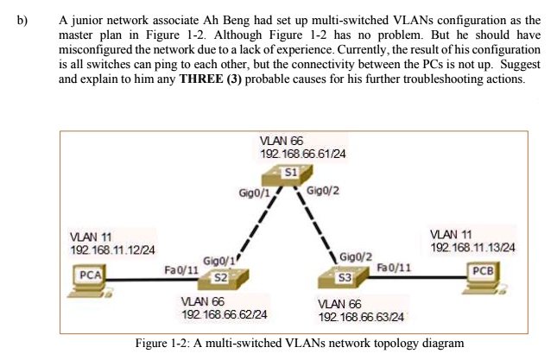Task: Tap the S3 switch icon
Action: (x=340, y=278)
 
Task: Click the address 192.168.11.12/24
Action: (x=112, y=249)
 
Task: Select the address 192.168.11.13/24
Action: (x=472, y=248)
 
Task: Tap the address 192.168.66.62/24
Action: (x=224, y=314)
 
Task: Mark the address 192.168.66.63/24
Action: (x=362, y=319)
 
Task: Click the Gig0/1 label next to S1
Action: (x=253, y=191)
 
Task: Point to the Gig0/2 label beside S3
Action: (x=356, y=256)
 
